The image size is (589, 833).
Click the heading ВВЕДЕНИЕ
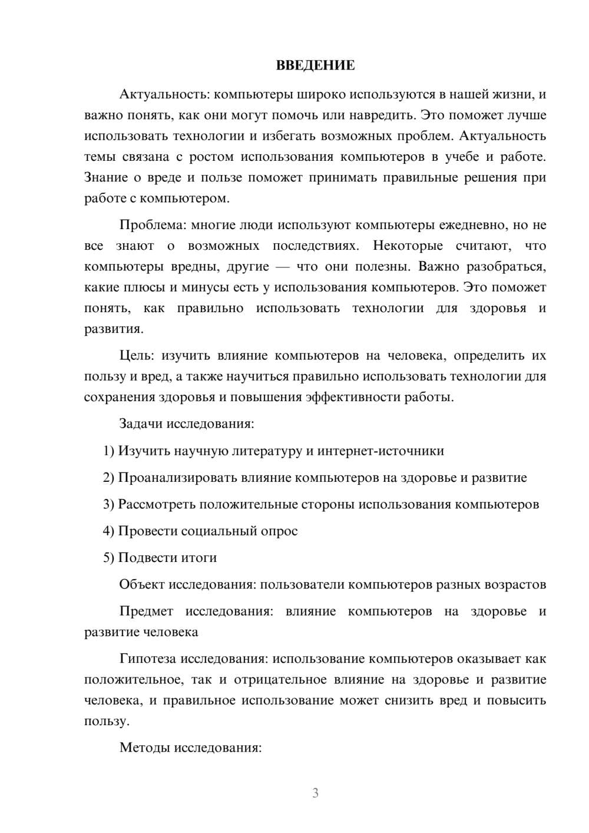pyautogui.click(x=315, y=65)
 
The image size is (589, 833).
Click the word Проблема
pyautogui.click(x=145, y=225)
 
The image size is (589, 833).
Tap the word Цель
pyautogui.click(x=137, y=356)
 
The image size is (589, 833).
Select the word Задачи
pyautogui.click(x=141, y=424)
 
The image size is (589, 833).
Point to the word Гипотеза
pyautogui.click(x=147, y=659)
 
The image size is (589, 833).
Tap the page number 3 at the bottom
pyautogui.click(x=315, y=793)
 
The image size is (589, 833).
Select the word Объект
pyautogui.click(x=141, y=584)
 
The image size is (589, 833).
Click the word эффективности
pyautogui.click(x=353, y=397)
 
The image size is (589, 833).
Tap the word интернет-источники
pyautogui.click(x=380, y=451)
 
